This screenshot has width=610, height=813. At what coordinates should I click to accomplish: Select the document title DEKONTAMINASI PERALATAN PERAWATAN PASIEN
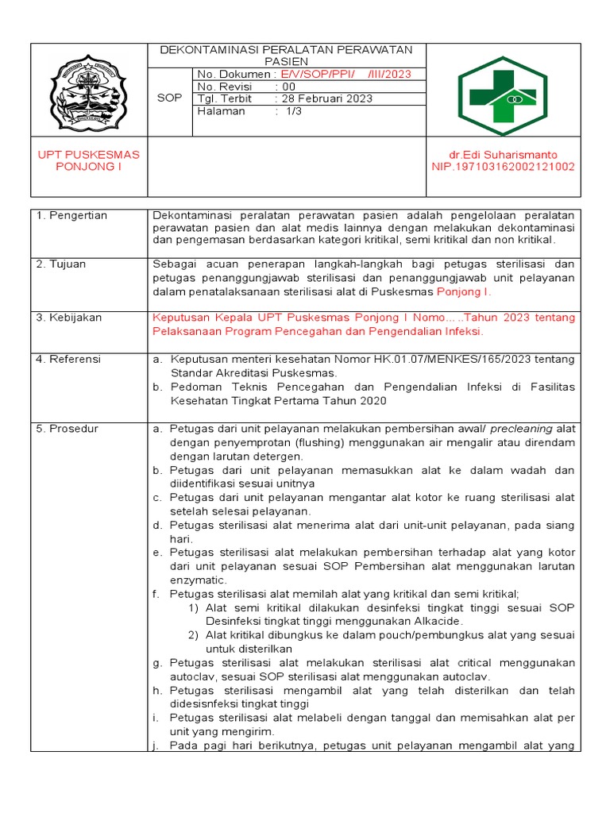[286, 55]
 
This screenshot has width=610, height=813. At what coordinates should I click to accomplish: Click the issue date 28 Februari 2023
[323, 99]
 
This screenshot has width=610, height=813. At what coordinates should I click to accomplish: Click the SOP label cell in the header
[171, 98]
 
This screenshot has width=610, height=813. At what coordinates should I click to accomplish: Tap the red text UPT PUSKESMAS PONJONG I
[89, 160]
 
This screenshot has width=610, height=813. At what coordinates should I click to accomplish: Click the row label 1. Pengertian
[71, 216]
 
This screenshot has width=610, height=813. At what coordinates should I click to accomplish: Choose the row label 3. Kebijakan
[69, 318]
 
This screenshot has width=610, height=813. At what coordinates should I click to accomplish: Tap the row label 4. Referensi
[69, 360]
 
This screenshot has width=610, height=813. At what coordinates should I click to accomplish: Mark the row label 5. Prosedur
[68, 429]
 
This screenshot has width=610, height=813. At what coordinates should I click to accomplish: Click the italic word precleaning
[521, 429]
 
